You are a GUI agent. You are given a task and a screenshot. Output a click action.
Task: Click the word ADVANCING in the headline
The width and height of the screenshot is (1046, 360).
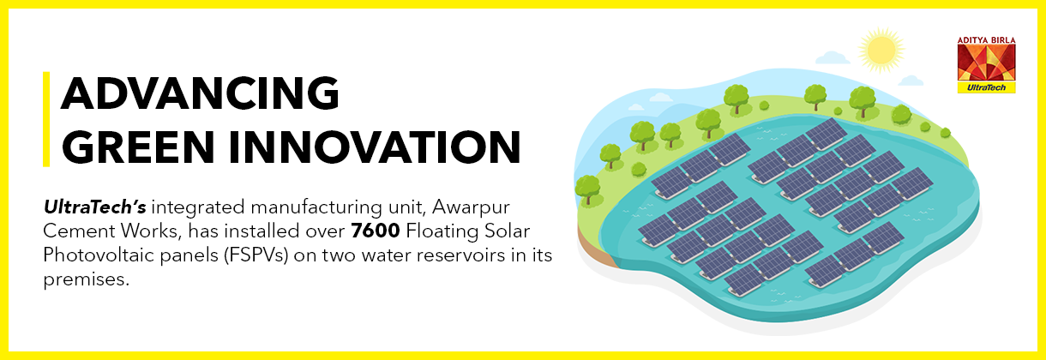point(200,93)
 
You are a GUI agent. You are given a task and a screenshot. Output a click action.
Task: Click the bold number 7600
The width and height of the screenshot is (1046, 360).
point(376,231)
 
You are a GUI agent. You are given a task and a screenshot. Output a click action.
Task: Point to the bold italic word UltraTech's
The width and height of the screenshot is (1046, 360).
point(95,207)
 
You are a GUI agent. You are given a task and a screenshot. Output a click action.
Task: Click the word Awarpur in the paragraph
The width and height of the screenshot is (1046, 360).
point(471,207)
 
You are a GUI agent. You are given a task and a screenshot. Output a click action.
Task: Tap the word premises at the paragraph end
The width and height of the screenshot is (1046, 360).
point(87,280)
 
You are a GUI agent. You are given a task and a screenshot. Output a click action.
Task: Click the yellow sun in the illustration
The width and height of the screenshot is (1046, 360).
point(881,51)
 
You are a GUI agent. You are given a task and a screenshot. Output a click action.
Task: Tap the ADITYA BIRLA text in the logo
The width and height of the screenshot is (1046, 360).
point(986,40)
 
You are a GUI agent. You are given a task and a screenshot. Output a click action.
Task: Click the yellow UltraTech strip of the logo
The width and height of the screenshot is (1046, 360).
point(986,87)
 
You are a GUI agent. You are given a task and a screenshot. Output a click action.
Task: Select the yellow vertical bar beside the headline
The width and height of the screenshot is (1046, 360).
point(46,119)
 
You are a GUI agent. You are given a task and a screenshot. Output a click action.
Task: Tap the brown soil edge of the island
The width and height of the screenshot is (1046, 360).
point(594,247)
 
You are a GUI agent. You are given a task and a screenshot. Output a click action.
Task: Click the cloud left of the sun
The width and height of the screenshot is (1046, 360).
point(833,58)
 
